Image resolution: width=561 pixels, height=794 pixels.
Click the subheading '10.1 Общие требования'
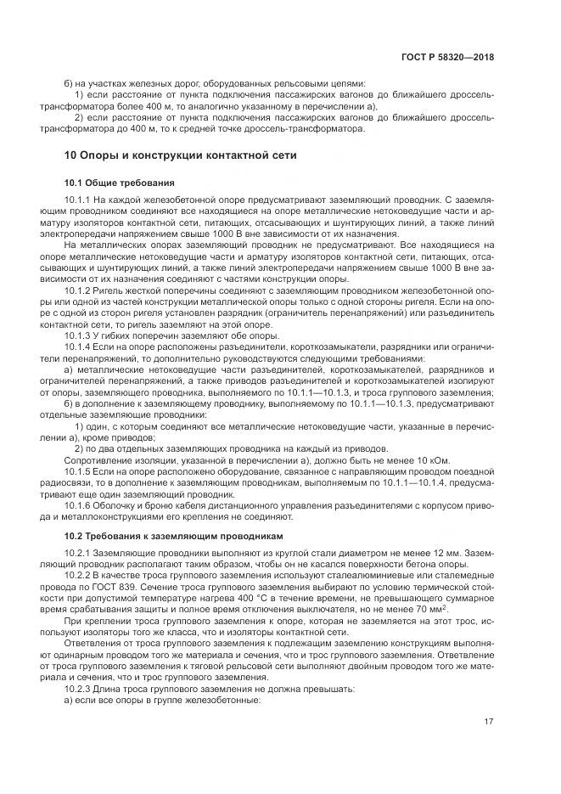point(119,183)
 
